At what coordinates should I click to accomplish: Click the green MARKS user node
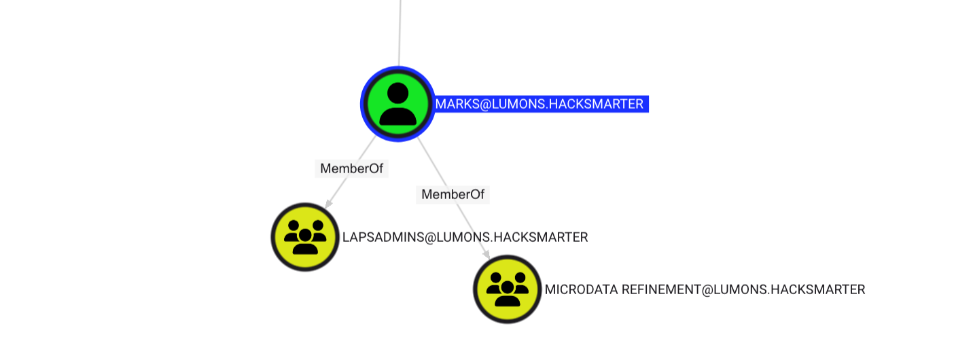point(397,104)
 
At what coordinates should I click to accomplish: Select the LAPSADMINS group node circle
point(305,237)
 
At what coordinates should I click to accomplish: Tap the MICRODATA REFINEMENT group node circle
point(507,289)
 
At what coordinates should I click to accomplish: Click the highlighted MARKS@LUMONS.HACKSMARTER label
point(540,104)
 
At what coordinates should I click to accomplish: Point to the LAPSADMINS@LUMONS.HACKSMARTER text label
point(465,237)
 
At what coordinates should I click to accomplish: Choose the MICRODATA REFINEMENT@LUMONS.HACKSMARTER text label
point(705,289)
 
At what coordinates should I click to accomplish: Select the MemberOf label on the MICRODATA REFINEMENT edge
point(453,194)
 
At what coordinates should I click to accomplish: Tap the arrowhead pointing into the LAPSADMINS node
point(328,204)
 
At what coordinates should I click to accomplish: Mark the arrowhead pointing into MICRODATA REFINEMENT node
point(486,255)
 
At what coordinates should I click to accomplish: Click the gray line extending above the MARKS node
point(400,34)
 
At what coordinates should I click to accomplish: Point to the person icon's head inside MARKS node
point(397,92)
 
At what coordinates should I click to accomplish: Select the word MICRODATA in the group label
point(581,289)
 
